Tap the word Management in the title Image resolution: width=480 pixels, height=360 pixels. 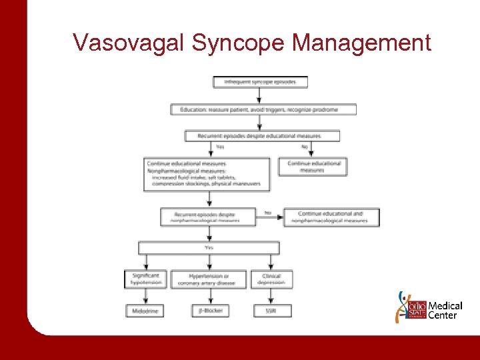pyautogui.click(x=362, y=43)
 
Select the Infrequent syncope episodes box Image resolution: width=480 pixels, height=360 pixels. pyautogui.click(x=260, y=83)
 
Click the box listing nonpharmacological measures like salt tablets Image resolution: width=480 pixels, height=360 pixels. pyautogui.click(x=207, y=175)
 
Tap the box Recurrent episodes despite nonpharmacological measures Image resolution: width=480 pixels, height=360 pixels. pyautogui.click(x=208, y=217)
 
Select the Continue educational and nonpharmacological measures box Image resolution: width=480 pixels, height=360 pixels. pyautogui.click(x=331, y=217)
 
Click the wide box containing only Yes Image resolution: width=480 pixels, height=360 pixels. pyautogui.click(x=209, y=248)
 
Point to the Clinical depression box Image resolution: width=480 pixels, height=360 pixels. pyautogui.click(x=271, y=279)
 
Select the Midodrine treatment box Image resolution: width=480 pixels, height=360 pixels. pyautogui.click(x=146, y=311)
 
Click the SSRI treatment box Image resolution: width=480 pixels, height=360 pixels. pyautogui.click(x=271, y=311)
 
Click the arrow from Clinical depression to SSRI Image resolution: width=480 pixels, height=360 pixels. pyautogui.click(x=271, y=297)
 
